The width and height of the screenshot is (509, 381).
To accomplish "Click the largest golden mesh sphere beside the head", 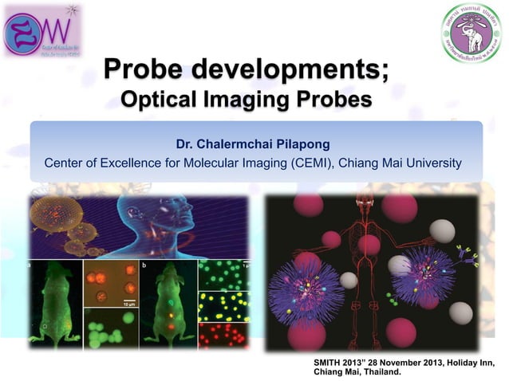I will click(55, 214).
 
